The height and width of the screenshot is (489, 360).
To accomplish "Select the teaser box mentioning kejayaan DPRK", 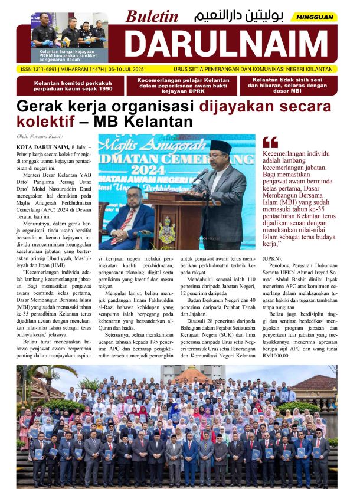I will [182, 86].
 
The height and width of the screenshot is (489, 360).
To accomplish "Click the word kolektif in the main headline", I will [45, 122].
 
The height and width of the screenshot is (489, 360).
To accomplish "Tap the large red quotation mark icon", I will [270, 142].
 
